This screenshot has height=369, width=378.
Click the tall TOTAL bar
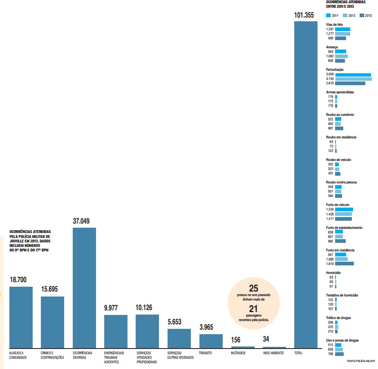[306, 184]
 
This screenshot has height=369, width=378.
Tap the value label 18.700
[18, 280]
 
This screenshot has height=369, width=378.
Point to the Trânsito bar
[211, 341]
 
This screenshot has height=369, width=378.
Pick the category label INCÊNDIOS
[238, 353]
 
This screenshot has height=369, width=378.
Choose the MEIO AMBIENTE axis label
[274, 353]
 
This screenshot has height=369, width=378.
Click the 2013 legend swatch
[362, 15]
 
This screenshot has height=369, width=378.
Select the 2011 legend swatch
[329, 15]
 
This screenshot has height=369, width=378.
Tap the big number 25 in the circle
[253, 288]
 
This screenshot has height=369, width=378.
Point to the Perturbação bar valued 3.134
[353, 79]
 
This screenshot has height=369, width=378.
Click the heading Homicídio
[333, 273]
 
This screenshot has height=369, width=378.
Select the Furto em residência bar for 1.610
[344, 263]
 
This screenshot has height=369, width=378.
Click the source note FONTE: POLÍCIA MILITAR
[360, 361]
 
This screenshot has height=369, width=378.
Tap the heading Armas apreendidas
[340, 92]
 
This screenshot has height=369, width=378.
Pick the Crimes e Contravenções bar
[52, 322]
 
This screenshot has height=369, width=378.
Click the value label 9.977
[112, 308]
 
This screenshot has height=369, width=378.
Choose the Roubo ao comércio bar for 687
[339, 128]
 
